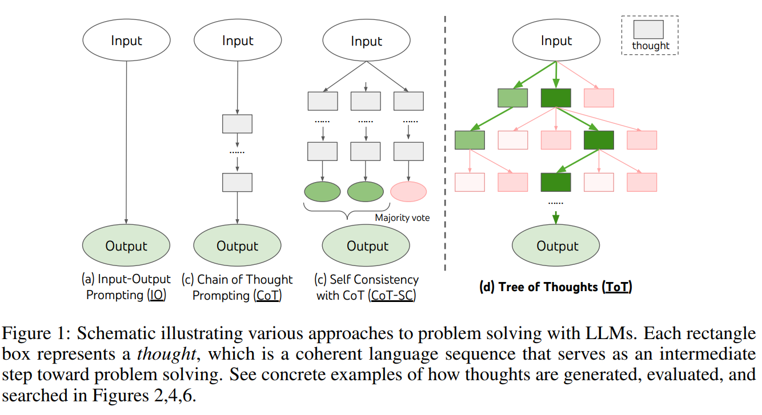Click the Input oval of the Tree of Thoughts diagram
click(x=556, y=40)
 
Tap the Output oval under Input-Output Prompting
click(x=126, y=245)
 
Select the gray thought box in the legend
click(x=648, y=29)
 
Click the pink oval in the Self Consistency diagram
click(x=408, y=192)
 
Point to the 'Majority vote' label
click(x=402, y=217)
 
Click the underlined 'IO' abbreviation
click(x=157, y=295)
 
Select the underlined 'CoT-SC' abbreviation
click(x=392, y=295)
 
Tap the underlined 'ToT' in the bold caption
click(x=616, y=287)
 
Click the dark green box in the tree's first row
click(x=556, y=98)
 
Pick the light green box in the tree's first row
click(x=512, y=98)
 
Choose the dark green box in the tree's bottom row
click(x=556, y=182)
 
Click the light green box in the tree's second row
click(x=470, y=140)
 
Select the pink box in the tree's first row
click(x=599, y=98)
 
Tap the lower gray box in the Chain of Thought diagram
click(x=237, y=183)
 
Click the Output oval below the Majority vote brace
click(x=366, y=245)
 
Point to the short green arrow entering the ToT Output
click(x=556, y=217)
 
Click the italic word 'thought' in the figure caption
click(x=167, y=354)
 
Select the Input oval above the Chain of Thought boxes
click(x=238, y=40)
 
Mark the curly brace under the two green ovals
click(x=347, y=211)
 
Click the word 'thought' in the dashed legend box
click(x=651, y=46)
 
